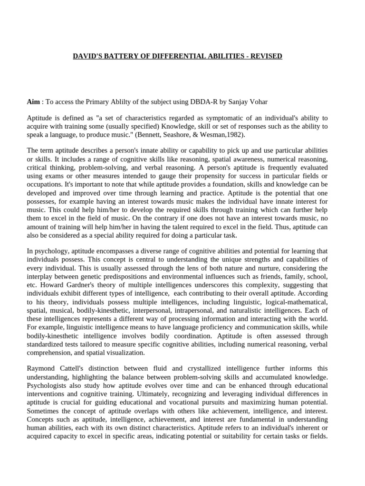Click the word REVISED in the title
(268, 56)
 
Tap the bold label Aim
(33, 102)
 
